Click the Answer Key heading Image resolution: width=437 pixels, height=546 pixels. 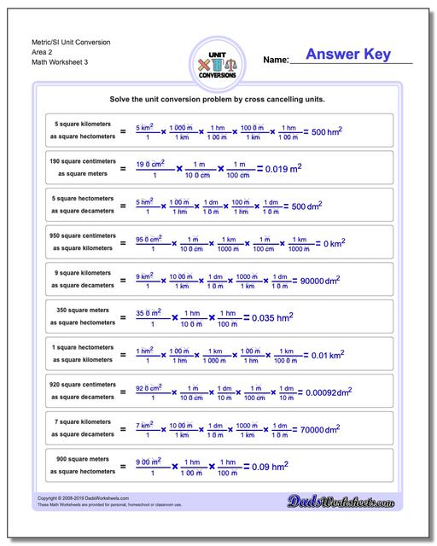[x=348, y=55]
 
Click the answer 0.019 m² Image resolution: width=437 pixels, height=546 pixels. [x=261, y=169]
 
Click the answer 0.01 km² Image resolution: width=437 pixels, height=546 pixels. [x=331, y=354]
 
